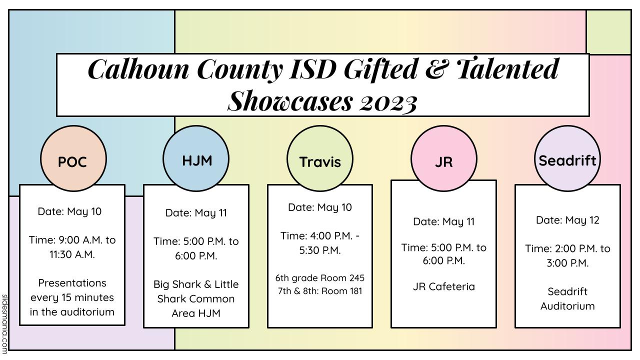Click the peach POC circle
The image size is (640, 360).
pos(73,158)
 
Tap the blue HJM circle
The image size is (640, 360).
pos(196,158)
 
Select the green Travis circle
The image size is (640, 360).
pos(320,158)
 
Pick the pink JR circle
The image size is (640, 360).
pos(444,158)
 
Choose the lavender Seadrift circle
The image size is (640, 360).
pos(567,158)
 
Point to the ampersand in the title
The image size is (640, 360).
pos(437,69)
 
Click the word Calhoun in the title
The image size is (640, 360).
pos(138,69)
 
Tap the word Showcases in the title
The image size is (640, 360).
pos(290,101)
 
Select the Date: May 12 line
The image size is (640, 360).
pos(567,220)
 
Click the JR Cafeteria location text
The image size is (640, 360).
pos(443,286)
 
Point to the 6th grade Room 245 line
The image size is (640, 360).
pos(320,278)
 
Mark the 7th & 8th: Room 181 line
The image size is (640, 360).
pos(320,291)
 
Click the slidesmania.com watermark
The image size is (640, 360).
pos(4,324)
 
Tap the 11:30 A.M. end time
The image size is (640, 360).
pos(72,254)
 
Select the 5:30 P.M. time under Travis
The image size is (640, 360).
pos(320,250)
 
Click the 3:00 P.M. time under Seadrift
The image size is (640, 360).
pos(567,263)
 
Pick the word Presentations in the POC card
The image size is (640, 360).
pos(72,283)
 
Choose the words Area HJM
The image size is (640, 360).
pos(196,313)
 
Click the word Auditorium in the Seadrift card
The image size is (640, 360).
pos(567,306)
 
